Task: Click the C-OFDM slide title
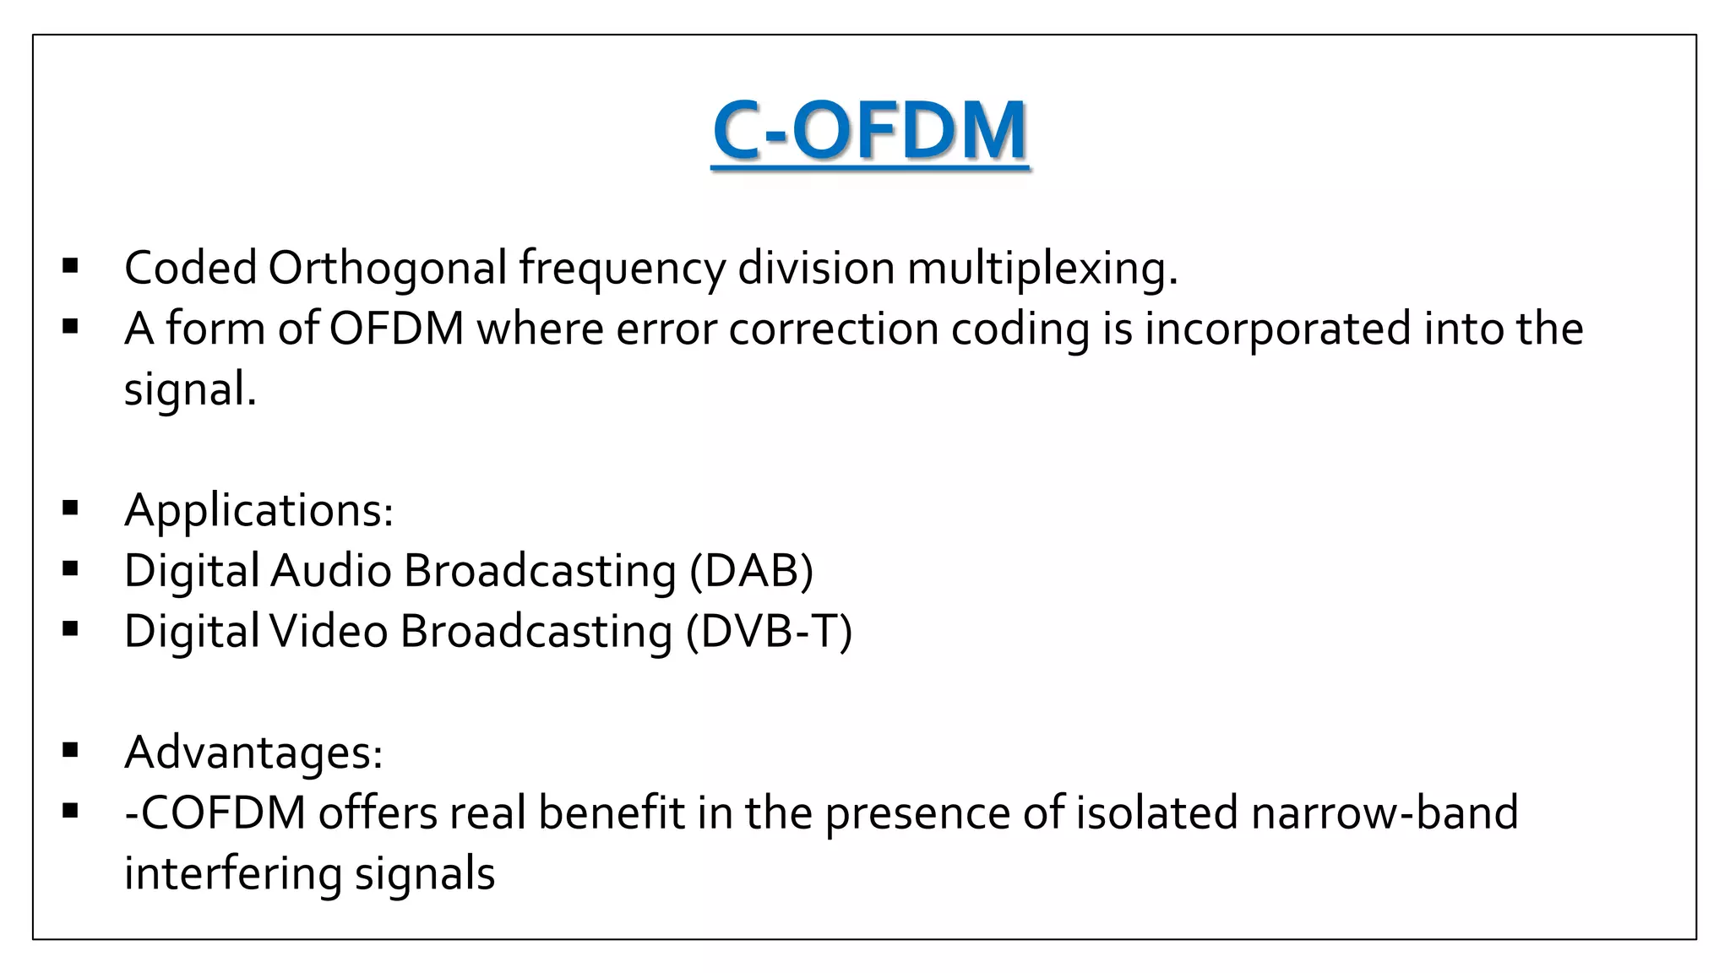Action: click(870, 131)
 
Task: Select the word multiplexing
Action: click(1041, 269)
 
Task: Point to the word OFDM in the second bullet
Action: click(396, 329)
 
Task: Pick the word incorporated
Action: click(1277, 329)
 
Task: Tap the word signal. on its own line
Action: click(190, 389)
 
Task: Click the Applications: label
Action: click(258, 510)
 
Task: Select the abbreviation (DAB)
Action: click(751, 571)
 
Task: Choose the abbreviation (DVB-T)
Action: click(769, 632)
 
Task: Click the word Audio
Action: click(330, 571)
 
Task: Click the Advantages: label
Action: click(253, 752)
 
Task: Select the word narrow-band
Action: click(1384, 813)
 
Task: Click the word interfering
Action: click(232, 873)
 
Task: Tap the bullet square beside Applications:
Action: click(70, 508)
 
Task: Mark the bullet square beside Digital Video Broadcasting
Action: click(70, 629)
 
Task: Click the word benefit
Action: click(611, 813)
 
